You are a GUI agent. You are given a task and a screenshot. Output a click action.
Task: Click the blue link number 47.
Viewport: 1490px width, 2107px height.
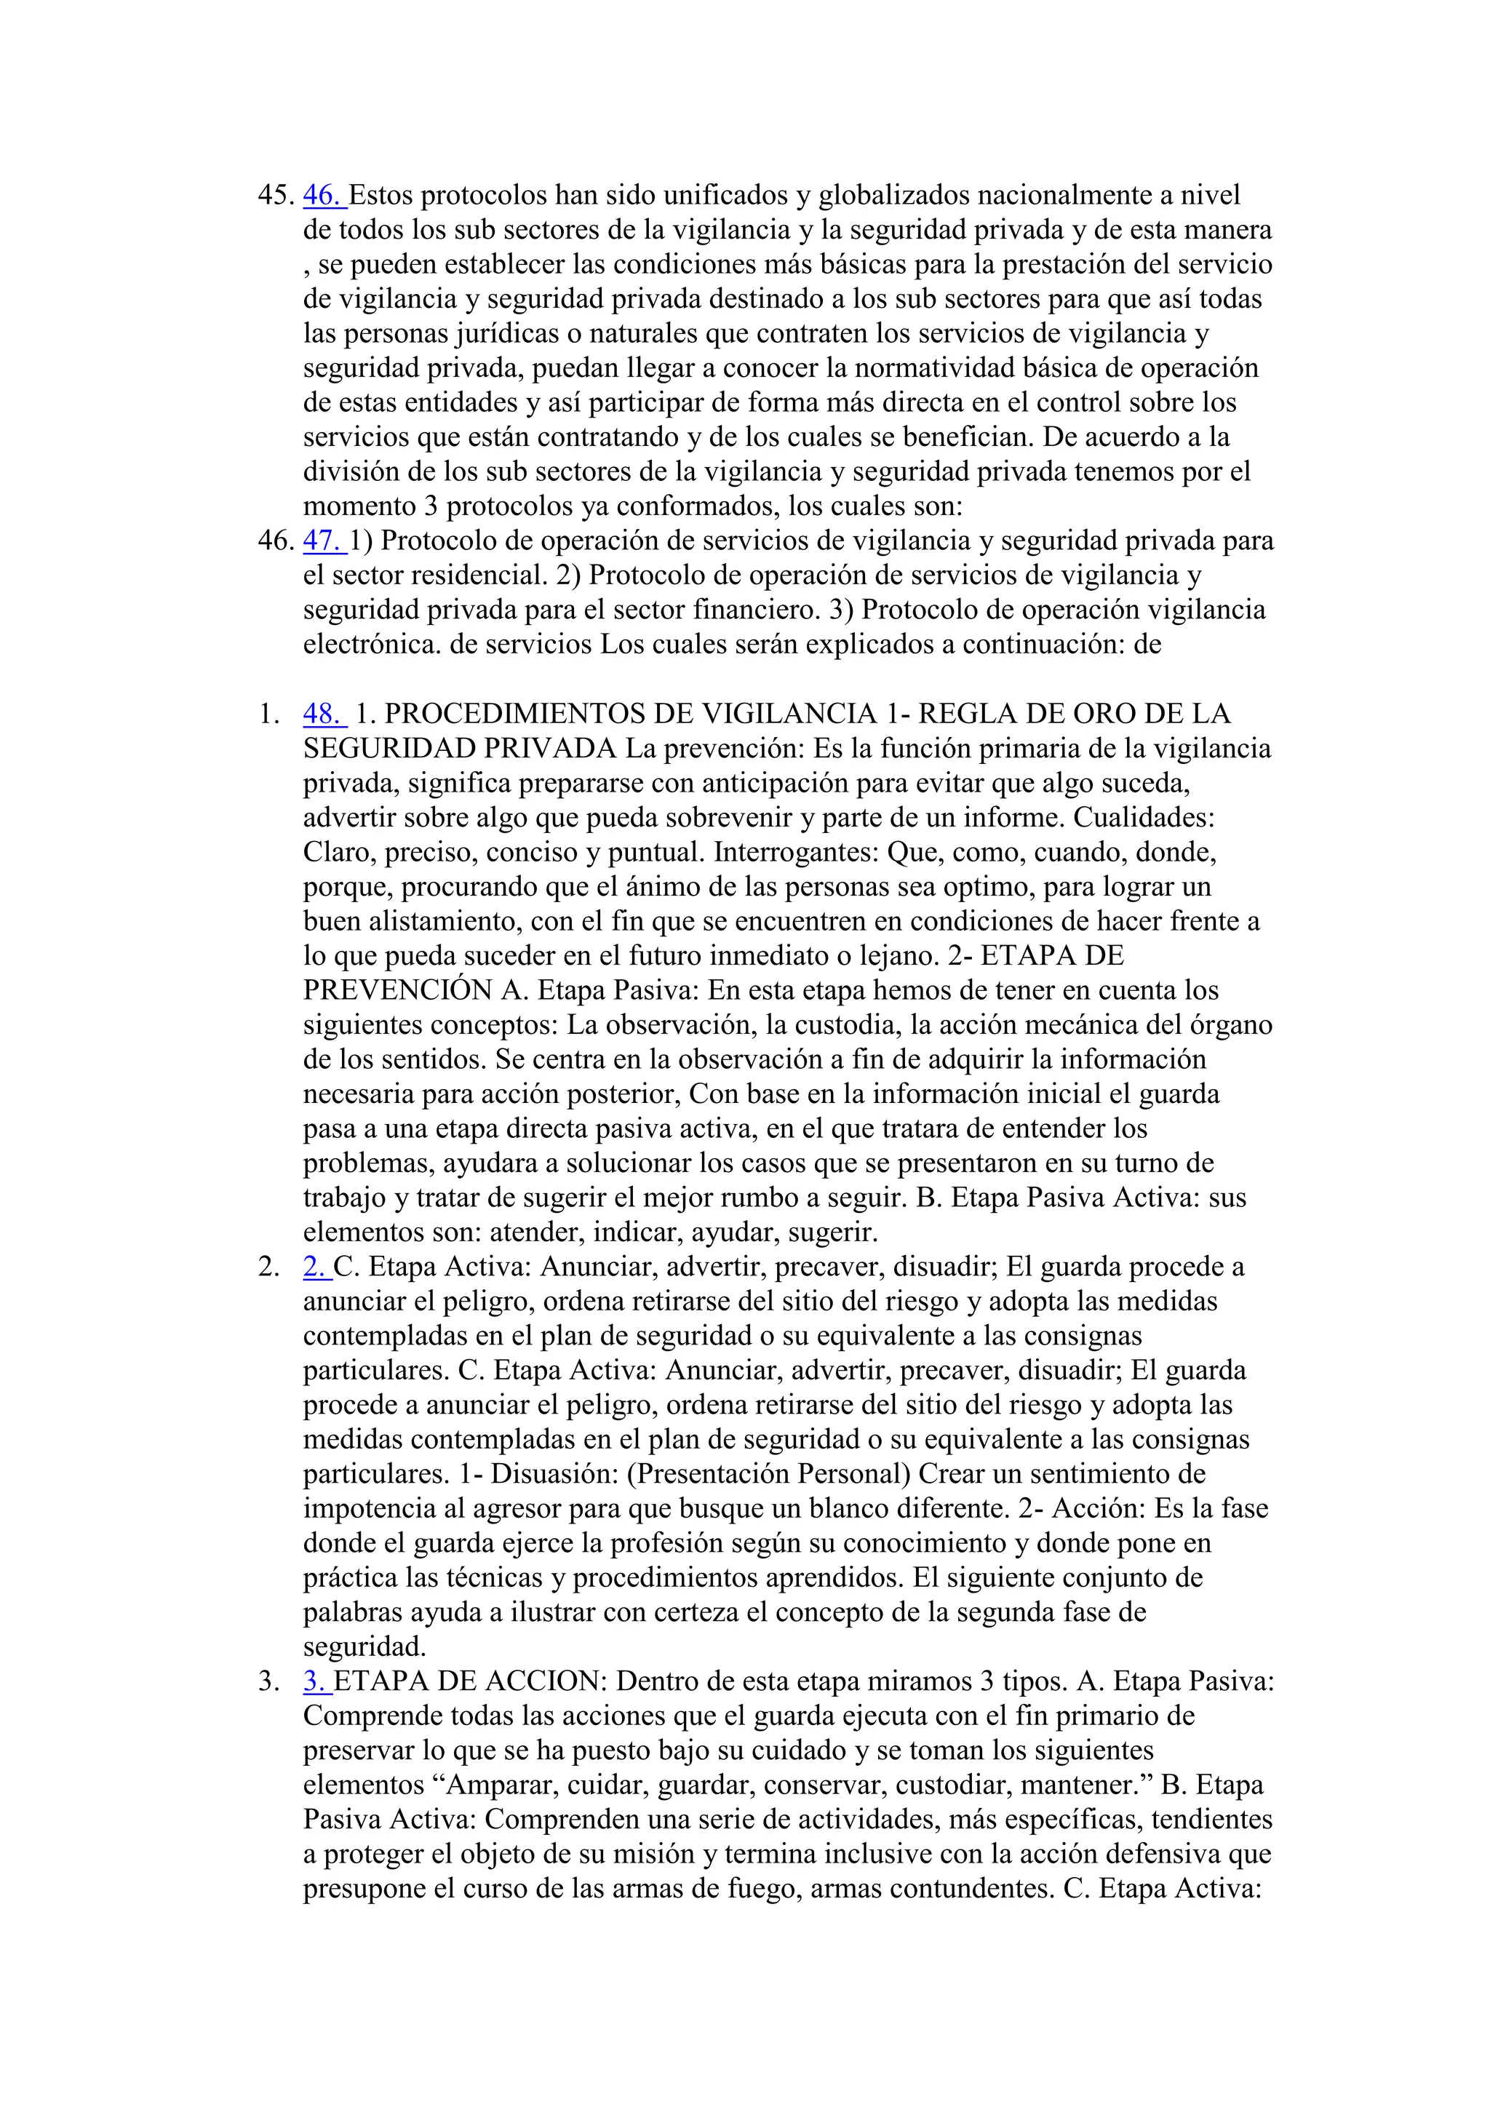[x=322, y=541]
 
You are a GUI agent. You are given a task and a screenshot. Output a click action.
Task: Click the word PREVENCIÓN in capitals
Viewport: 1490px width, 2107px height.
[x=397, y=991]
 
